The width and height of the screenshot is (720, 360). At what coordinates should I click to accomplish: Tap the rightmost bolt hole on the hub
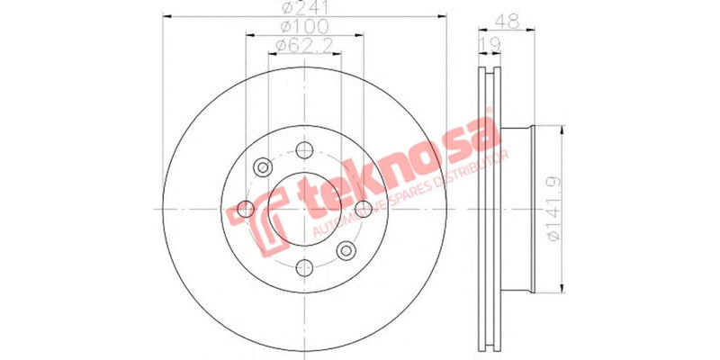pos(363,209)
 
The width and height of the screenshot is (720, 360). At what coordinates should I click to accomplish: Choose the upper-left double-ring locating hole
pos(263,167)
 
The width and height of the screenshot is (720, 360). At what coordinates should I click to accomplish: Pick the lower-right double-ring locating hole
pos(346,250)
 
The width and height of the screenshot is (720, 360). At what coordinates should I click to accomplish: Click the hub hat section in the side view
pos(517,209)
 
